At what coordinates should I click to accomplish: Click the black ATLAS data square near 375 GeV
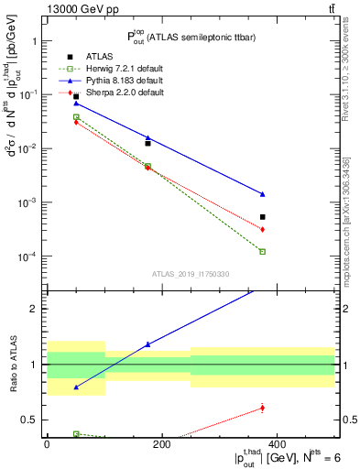[262, 217]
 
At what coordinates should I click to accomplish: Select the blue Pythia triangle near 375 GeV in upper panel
[262, 194]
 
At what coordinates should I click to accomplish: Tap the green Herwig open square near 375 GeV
[262, 251]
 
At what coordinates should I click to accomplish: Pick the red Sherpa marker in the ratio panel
[262, 408]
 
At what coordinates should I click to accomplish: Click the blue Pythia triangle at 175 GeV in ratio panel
[147, 344]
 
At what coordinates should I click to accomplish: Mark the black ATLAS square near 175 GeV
[147, 143]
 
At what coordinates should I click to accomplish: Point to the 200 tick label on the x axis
[161, 444]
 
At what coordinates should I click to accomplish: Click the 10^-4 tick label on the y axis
[28, 257]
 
